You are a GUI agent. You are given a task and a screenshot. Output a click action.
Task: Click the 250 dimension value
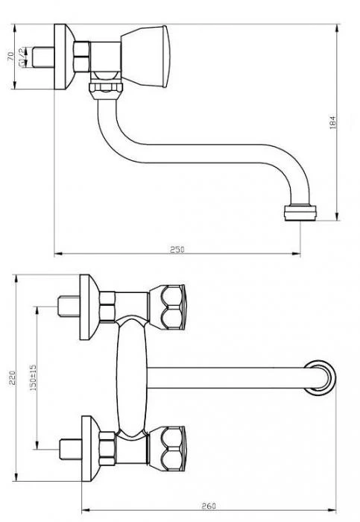[177, 249]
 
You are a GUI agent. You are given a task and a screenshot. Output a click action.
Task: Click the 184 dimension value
[332, 122]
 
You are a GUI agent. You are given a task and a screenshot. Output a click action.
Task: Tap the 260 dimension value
[209, 506]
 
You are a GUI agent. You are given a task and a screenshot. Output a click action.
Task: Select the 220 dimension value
[12, 377]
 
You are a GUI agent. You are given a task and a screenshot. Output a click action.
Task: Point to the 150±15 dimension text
[33, 377]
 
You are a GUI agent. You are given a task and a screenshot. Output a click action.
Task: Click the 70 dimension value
[10, 56]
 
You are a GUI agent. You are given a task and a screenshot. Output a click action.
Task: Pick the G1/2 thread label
[22, 57]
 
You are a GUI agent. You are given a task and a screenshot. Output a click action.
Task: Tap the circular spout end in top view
[320, 377]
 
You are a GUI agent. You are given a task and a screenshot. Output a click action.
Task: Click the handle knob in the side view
[145, 56]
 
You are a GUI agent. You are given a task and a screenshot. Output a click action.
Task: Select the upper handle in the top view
[167, 307]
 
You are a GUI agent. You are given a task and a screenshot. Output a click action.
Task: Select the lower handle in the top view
[167, 449]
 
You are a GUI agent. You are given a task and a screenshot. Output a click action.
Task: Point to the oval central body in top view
[132, 377]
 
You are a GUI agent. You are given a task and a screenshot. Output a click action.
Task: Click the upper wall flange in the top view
[89, 307]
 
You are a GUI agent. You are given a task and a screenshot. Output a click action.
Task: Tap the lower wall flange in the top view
[90, 449]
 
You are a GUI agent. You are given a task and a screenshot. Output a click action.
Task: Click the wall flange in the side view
[64, 57]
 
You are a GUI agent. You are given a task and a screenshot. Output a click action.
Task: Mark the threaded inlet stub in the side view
[43, 57]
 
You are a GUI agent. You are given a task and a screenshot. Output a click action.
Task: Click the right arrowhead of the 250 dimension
[297, 254]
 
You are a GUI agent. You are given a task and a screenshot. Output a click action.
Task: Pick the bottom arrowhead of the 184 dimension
[337, 216]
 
